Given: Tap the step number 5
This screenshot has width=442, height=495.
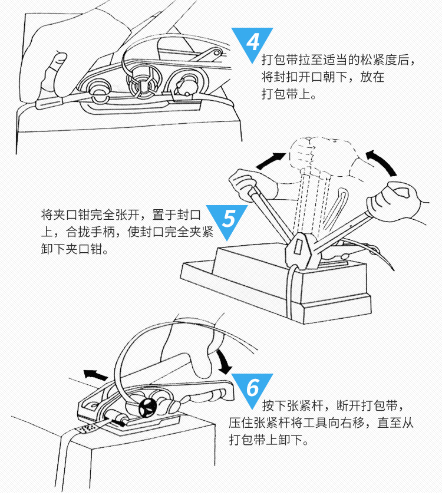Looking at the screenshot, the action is (x=229, y=220).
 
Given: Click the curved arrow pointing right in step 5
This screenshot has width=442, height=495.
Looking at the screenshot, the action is (x=273, y=157).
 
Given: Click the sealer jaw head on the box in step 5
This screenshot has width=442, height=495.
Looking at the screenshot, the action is (x=301, y=248).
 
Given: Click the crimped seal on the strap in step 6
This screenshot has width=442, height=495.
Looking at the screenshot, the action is (x=89, y=427).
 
